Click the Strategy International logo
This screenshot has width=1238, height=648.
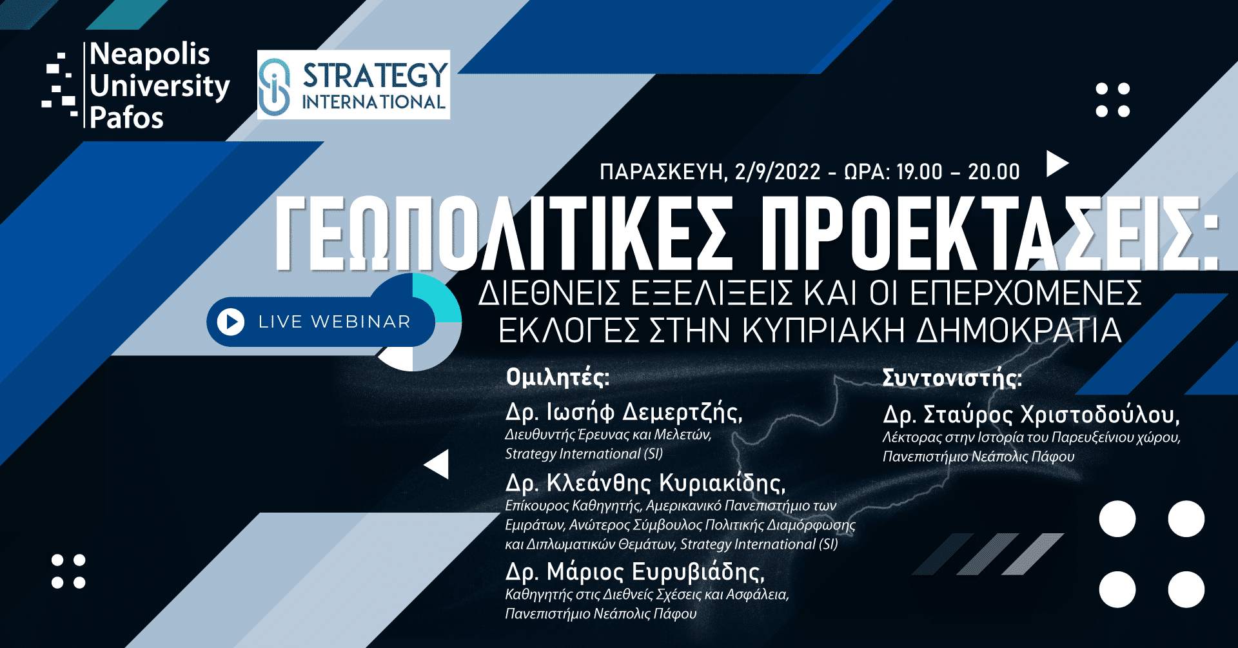coord(353,84)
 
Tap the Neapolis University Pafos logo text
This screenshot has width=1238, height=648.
coord(159,86)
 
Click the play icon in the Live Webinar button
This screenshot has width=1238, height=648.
coord(231,321)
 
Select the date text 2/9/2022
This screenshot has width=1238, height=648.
coord(778,172)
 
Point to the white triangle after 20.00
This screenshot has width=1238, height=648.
coord(1056,164)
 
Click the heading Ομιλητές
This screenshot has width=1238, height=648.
coord(558,377)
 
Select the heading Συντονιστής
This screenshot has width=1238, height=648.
coord(952,378)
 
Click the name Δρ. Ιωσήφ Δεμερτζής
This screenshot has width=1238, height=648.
coord(624,411)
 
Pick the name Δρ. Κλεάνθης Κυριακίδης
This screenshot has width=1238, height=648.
coord(645,482)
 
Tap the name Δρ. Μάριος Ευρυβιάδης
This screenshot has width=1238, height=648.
coord(635,571)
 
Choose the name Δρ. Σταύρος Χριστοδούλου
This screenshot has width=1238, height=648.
coord(1032,415)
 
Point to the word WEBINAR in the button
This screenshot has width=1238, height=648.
coord(360,322)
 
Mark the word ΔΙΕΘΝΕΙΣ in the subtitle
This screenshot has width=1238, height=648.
coord(549,293)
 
